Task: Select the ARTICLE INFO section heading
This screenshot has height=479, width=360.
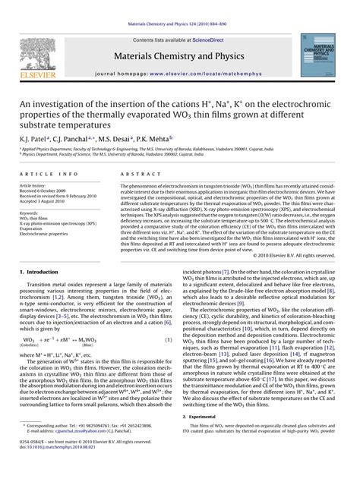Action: click(x=46, y=174)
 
